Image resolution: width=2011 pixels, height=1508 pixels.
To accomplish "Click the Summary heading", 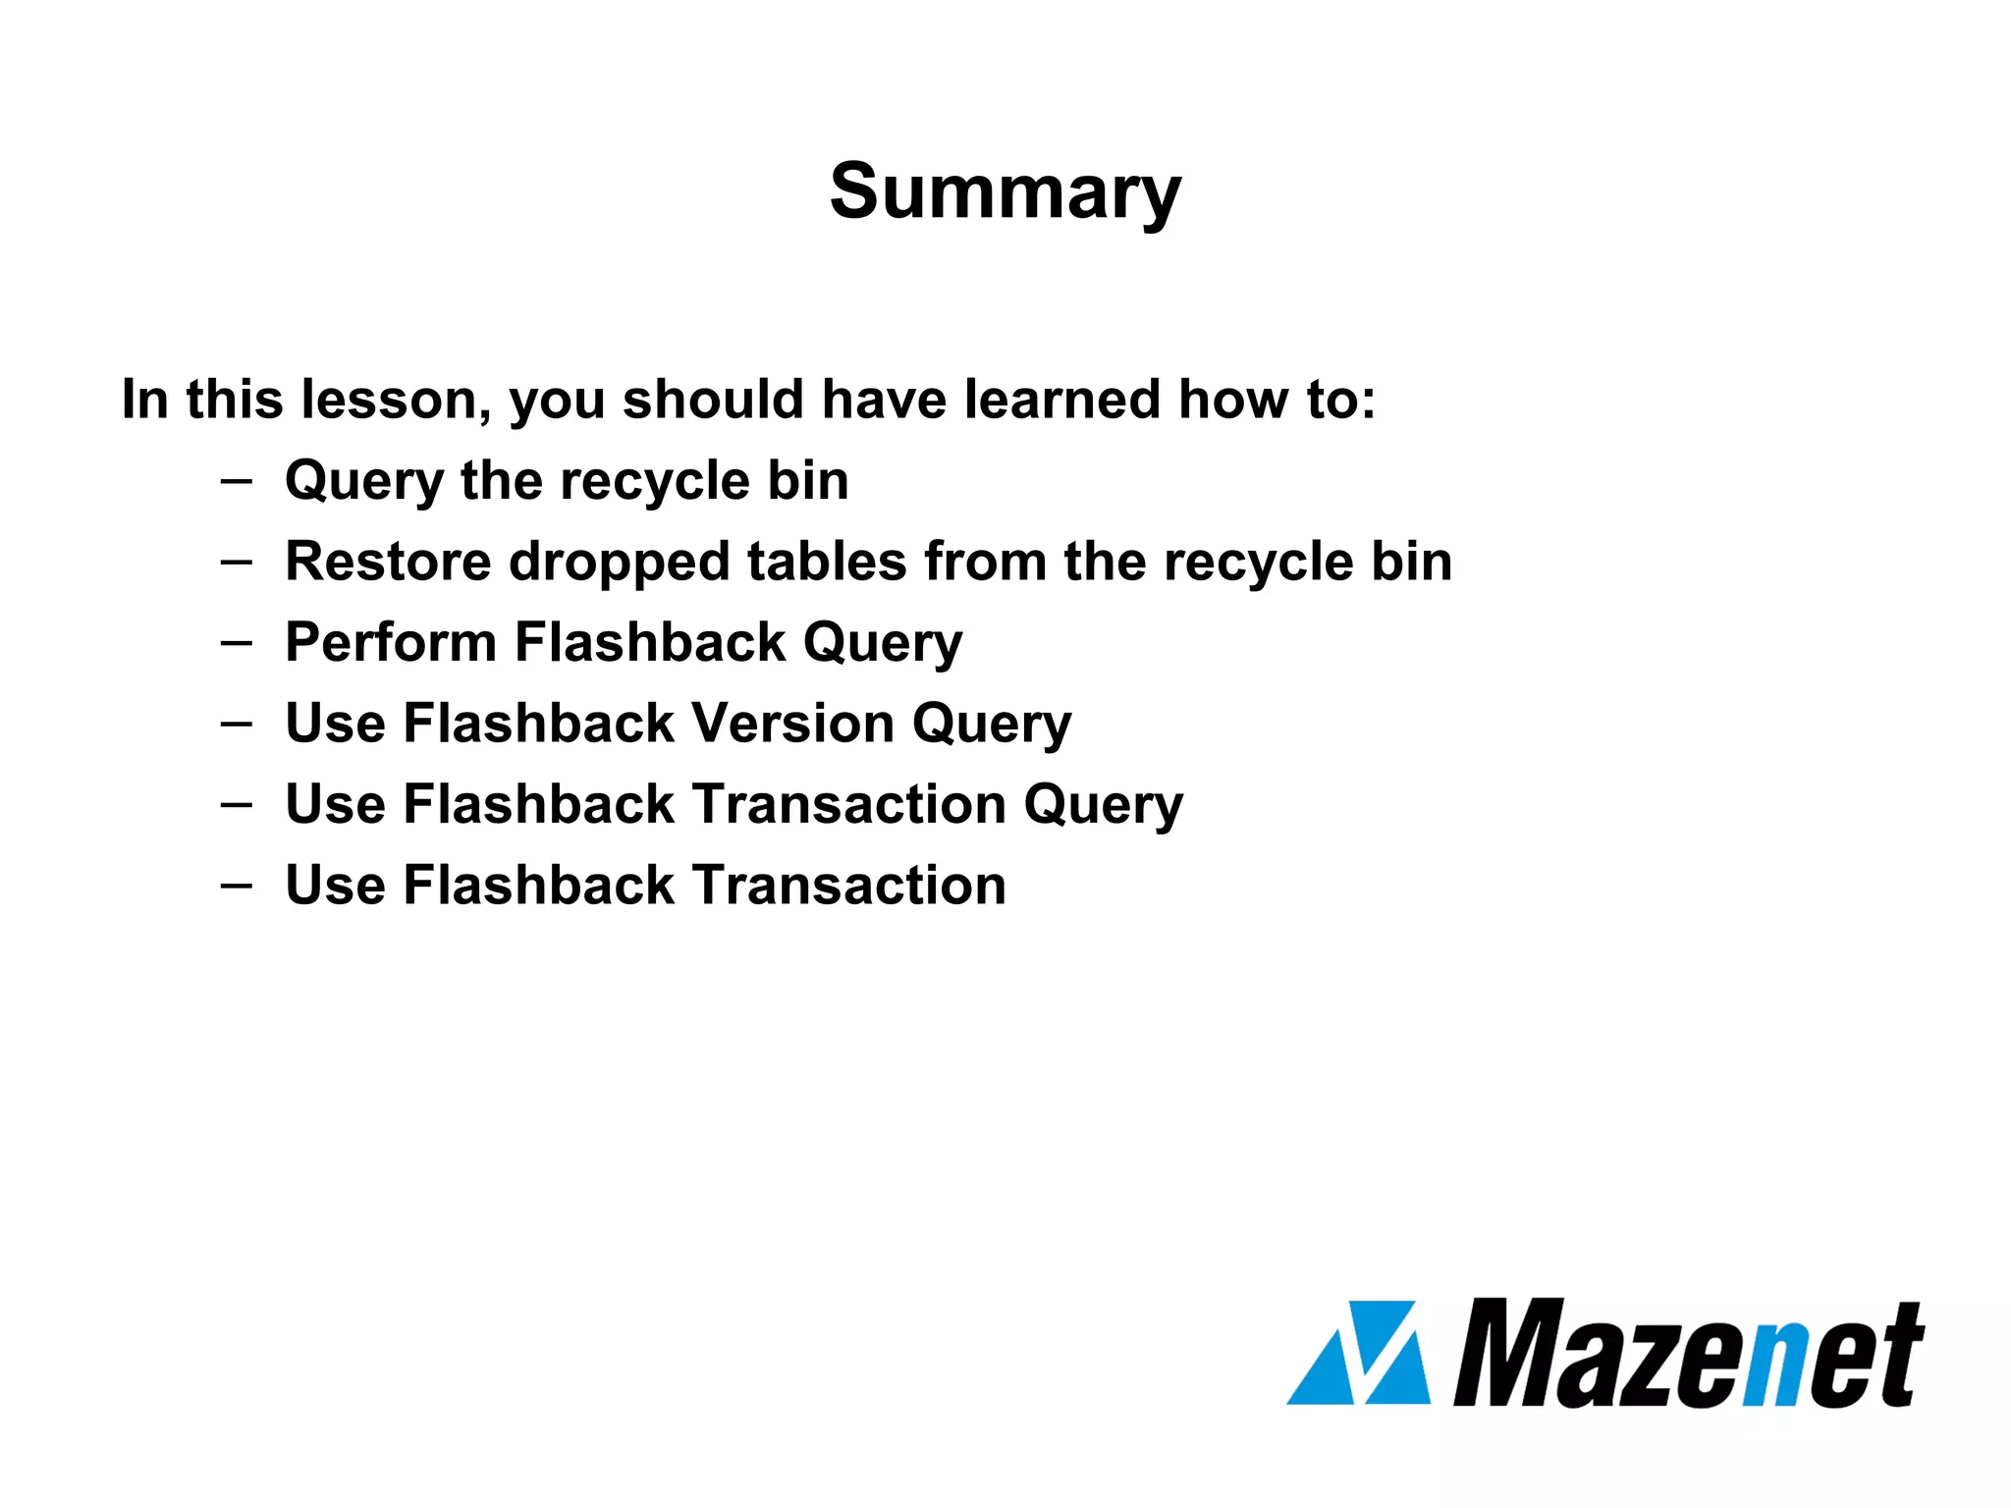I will coord(1005,191).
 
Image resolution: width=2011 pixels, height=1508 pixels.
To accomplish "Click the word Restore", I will coord(388,562).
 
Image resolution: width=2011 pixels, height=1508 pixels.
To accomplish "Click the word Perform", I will coord(391,643).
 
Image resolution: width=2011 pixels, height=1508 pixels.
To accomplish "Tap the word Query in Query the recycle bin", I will coord(364,482).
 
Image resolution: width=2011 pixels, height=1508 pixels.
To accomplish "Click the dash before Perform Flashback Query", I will coord(236,643).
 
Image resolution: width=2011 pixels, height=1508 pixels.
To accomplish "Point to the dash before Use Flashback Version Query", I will coord(236,725).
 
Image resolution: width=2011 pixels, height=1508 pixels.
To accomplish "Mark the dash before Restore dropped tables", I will coord(236,563).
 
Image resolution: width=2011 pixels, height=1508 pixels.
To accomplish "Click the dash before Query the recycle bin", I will coord(236,481).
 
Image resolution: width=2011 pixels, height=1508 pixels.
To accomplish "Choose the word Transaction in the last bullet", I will coord(849,885).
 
